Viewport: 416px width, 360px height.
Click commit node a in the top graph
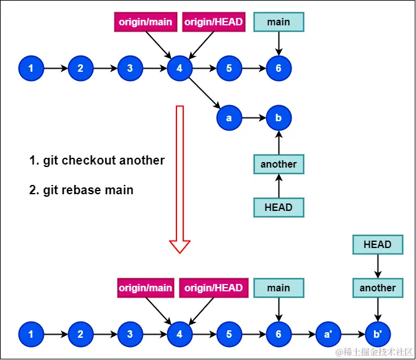point(228,118)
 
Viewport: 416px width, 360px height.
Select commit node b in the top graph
point(278,118)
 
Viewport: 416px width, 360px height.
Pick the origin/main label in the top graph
point(145,22)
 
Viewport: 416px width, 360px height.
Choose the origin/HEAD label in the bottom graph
point(214,288)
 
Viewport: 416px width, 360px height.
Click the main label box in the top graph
point(279,22)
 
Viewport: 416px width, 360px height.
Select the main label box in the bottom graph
point(279,288)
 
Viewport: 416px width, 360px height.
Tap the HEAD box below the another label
point(279,207)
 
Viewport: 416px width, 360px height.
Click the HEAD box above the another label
point(378,244)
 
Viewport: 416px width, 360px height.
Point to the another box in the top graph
point(279,164)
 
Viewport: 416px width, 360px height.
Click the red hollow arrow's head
point(180,246)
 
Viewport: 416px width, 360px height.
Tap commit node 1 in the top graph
point(31,68)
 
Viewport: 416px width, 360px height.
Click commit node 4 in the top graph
point(180,68)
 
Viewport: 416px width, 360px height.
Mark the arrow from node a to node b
point(253,118)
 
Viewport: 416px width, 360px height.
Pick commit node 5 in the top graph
point(229,68)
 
